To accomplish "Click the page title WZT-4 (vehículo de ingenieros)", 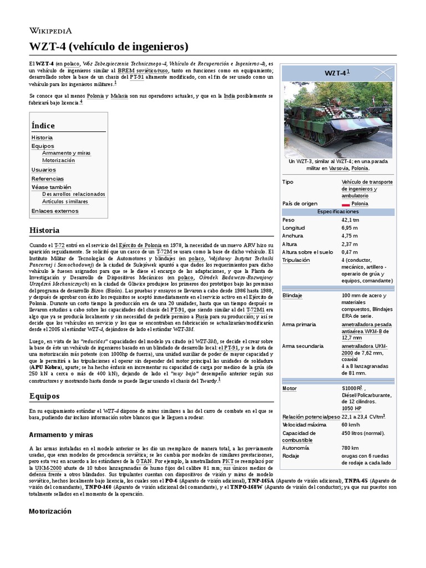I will pyautogui.click(x=109, y=45).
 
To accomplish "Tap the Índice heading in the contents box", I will pyautogui.click(x=43, y=125).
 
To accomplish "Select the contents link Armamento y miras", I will pyautogui.click(x=66, y=153).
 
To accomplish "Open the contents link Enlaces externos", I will pyautogui.click(x=55, y=211).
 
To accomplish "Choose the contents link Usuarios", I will pyautogui.click(x=43, y=170).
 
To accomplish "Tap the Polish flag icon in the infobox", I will pyautogui.click(x=346, y=204).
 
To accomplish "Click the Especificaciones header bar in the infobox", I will pyautogui.click(x=338, y=212).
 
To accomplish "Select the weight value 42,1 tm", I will pyautogui.click(x=351, y=220).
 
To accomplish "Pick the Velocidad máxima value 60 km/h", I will pyautogui.click(x=353, y=424).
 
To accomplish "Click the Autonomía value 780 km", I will pyautogui.click(x=351, y=447).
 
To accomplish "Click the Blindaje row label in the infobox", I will pyautogui.click(x=292, y=295).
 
